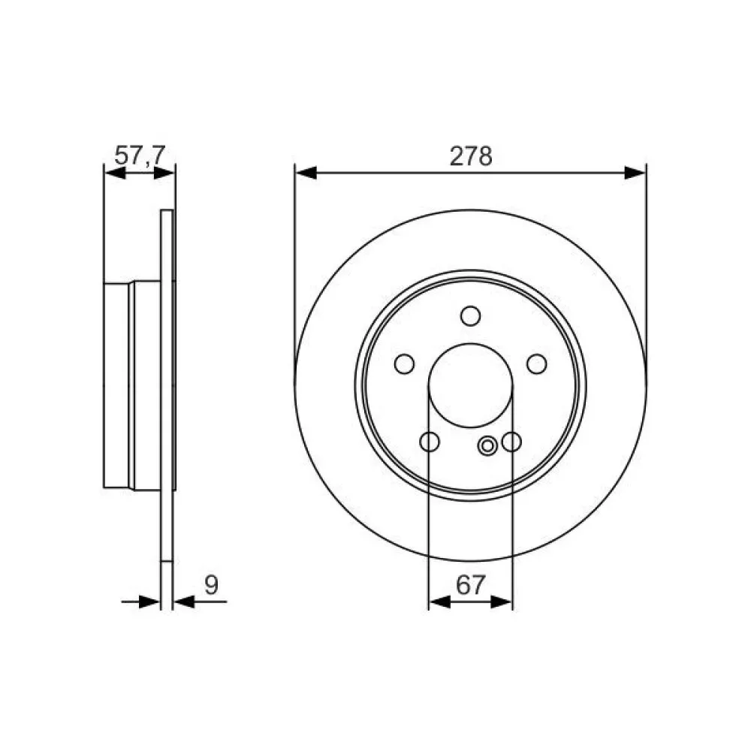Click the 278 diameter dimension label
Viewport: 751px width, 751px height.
coord(470,156)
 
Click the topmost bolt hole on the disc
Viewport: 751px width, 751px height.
coord(470,315)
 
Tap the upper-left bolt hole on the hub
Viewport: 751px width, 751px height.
coord(404,364)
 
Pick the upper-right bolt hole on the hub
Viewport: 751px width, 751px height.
coord(536,364)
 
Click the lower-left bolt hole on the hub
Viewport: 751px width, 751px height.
coord(430,442)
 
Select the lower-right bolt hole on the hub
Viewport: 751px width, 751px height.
coord(511,442)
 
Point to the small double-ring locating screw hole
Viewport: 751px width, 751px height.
coord(487,447)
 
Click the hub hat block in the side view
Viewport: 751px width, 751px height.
coord(131,385)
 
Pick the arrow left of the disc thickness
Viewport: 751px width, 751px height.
coord(151,602)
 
